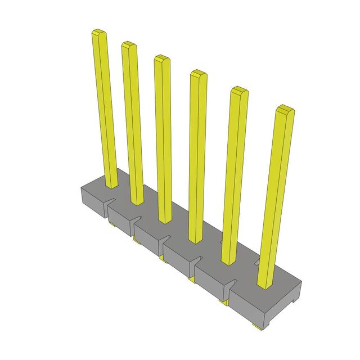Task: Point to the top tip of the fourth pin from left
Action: [x=198, y=74]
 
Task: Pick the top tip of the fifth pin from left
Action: [x=239, y=91]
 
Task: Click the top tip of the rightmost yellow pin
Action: [x=285, y=109]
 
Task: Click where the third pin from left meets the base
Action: [x=164, y=219]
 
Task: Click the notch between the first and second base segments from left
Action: [x=108, y=206]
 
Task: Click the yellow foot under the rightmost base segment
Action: [x=256, y=326]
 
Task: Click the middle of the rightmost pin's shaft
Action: [x=276, y=197]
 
